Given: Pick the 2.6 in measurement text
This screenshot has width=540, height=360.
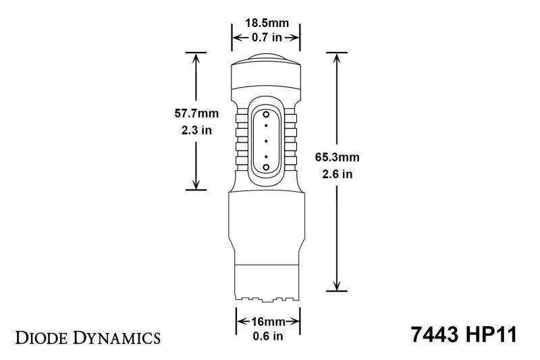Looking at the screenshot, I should pyautogui.click(x=337, y=174).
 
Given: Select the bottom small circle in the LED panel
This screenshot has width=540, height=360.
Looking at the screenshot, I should pyautogui.click(x=266, y=165).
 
